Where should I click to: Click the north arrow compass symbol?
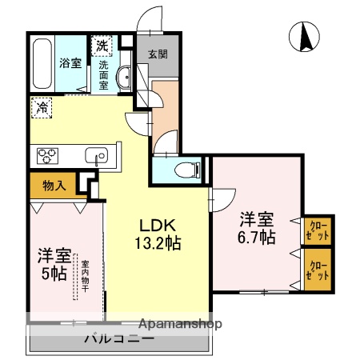pos(305,38)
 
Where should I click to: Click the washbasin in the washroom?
pos(123,78)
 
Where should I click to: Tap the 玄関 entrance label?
pos(157,54)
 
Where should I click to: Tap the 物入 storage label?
pos(54,186)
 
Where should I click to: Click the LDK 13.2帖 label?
pos(158,233)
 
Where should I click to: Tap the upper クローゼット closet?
pos(318,232)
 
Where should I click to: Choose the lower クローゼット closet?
pos(318,270)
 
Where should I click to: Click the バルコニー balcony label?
pos(118,338)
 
